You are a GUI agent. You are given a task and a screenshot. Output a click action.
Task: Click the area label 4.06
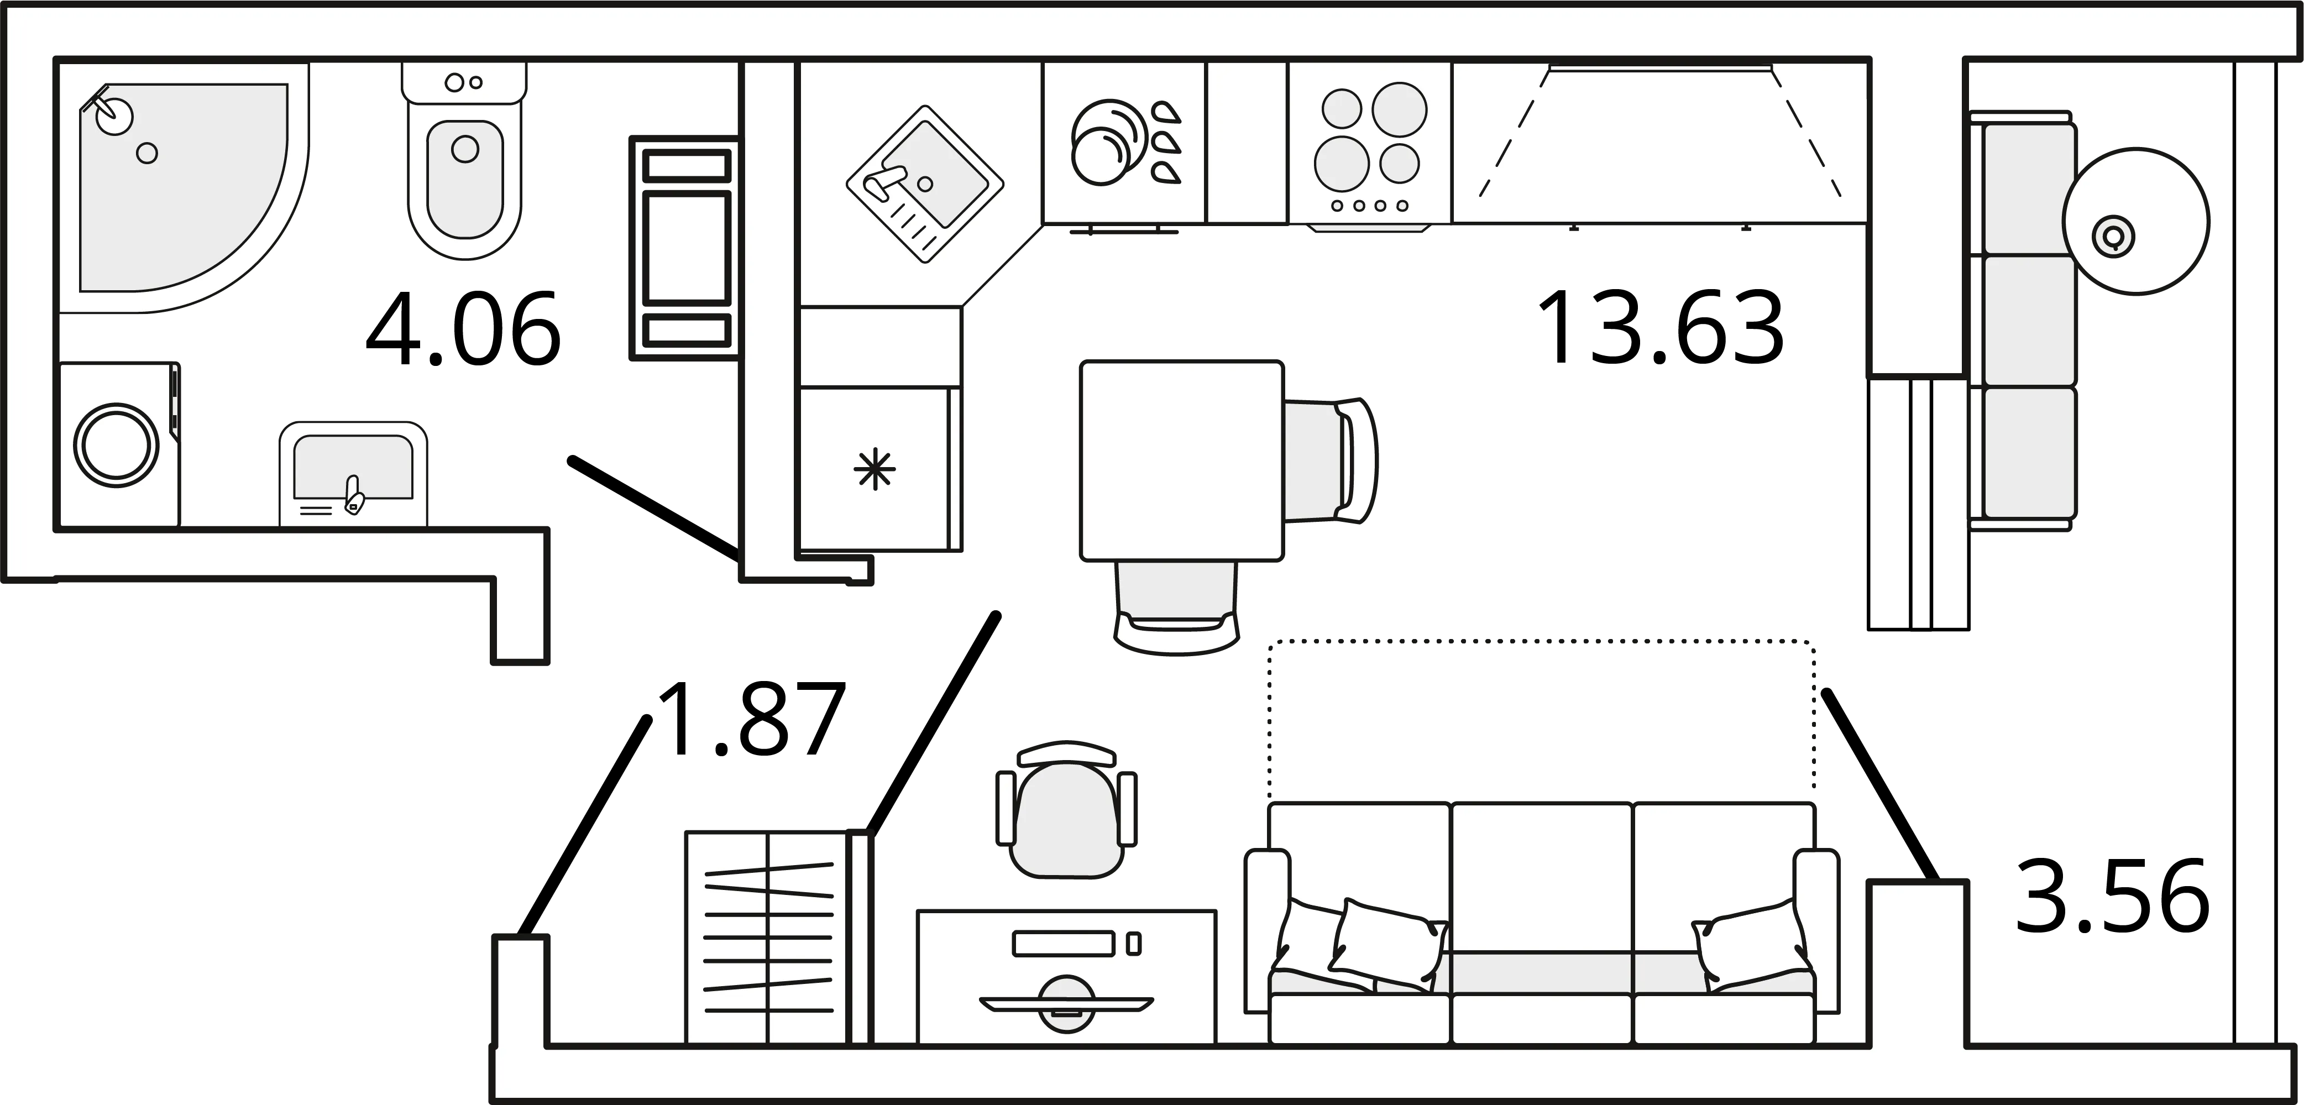463,329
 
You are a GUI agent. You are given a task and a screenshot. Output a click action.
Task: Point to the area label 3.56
2113,897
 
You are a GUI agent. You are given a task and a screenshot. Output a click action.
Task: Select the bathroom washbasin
353,474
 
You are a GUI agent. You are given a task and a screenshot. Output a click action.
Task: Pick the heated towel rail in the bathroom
686,248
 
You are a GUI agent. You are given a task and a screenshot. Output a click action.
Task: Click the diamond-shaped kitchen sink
925,184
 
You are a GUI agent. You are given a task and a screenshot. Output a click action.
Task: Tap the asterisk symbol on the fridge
875,470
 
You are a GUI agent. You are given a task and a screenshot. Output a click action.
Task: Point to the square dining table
1181,461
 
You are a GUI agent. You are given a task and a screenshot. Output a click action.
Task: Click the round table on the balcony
2136,221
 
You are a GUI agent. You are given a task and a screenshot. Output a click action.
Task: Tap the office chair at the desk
1066,810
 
